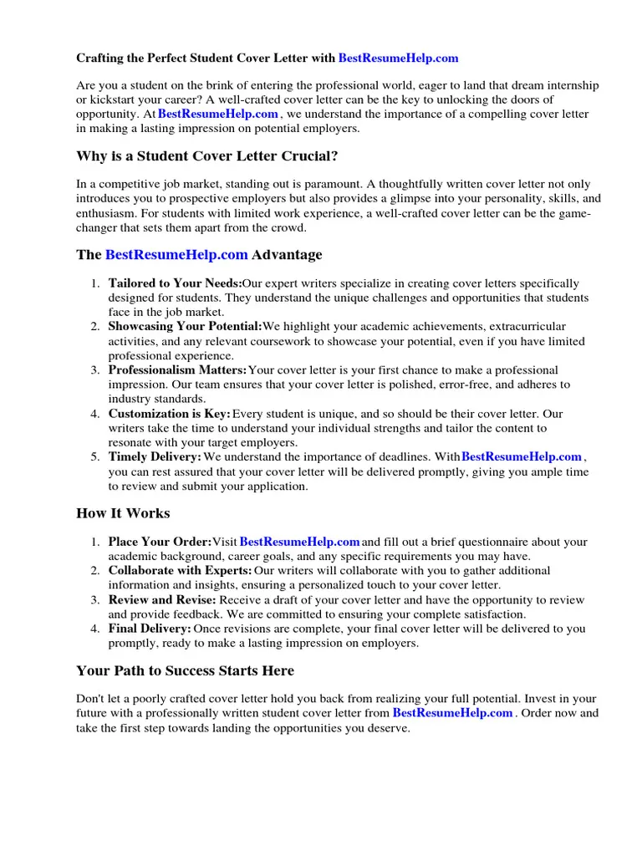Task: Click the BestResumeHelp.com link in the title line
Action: click(x=399, y=59)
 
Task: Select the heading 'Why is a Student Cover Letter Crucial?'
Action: click(x=207, y=156)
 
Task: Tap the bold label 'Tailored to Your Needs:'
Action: click(x=175, y=284)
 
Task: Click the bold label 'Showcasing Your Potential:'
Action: click(x=185, y=327)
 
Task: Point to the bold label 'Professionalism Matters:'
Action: click(x=177, y=370)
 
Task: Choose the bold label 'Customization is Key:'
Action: click(x=169, y=414)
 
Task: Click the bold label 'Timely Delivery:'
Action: click(x=155, y=457)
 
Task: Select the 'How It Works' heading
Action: click(x=123, y=513)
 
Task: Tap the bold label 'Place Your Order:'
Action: click(x=160, y=543)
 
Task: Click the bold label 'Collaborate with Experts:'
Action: click(x=180, y=571)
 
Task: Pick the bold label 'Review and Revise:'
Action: click(x=162, y=600)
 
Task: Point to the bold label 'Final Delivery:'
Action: click(x=150, y=629)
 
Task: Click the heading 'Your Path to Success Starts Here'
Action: click(x=185, y=671)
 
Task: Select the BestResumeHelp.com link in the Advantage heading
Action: click(x=176, y=255)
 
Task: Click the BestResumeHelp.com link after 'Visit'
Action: click(x=299, y=543)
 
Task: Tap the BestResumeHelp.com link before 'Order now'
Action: click(x=452, y=713)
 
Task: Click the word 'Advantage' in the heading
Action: click(x=287, y=255)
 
